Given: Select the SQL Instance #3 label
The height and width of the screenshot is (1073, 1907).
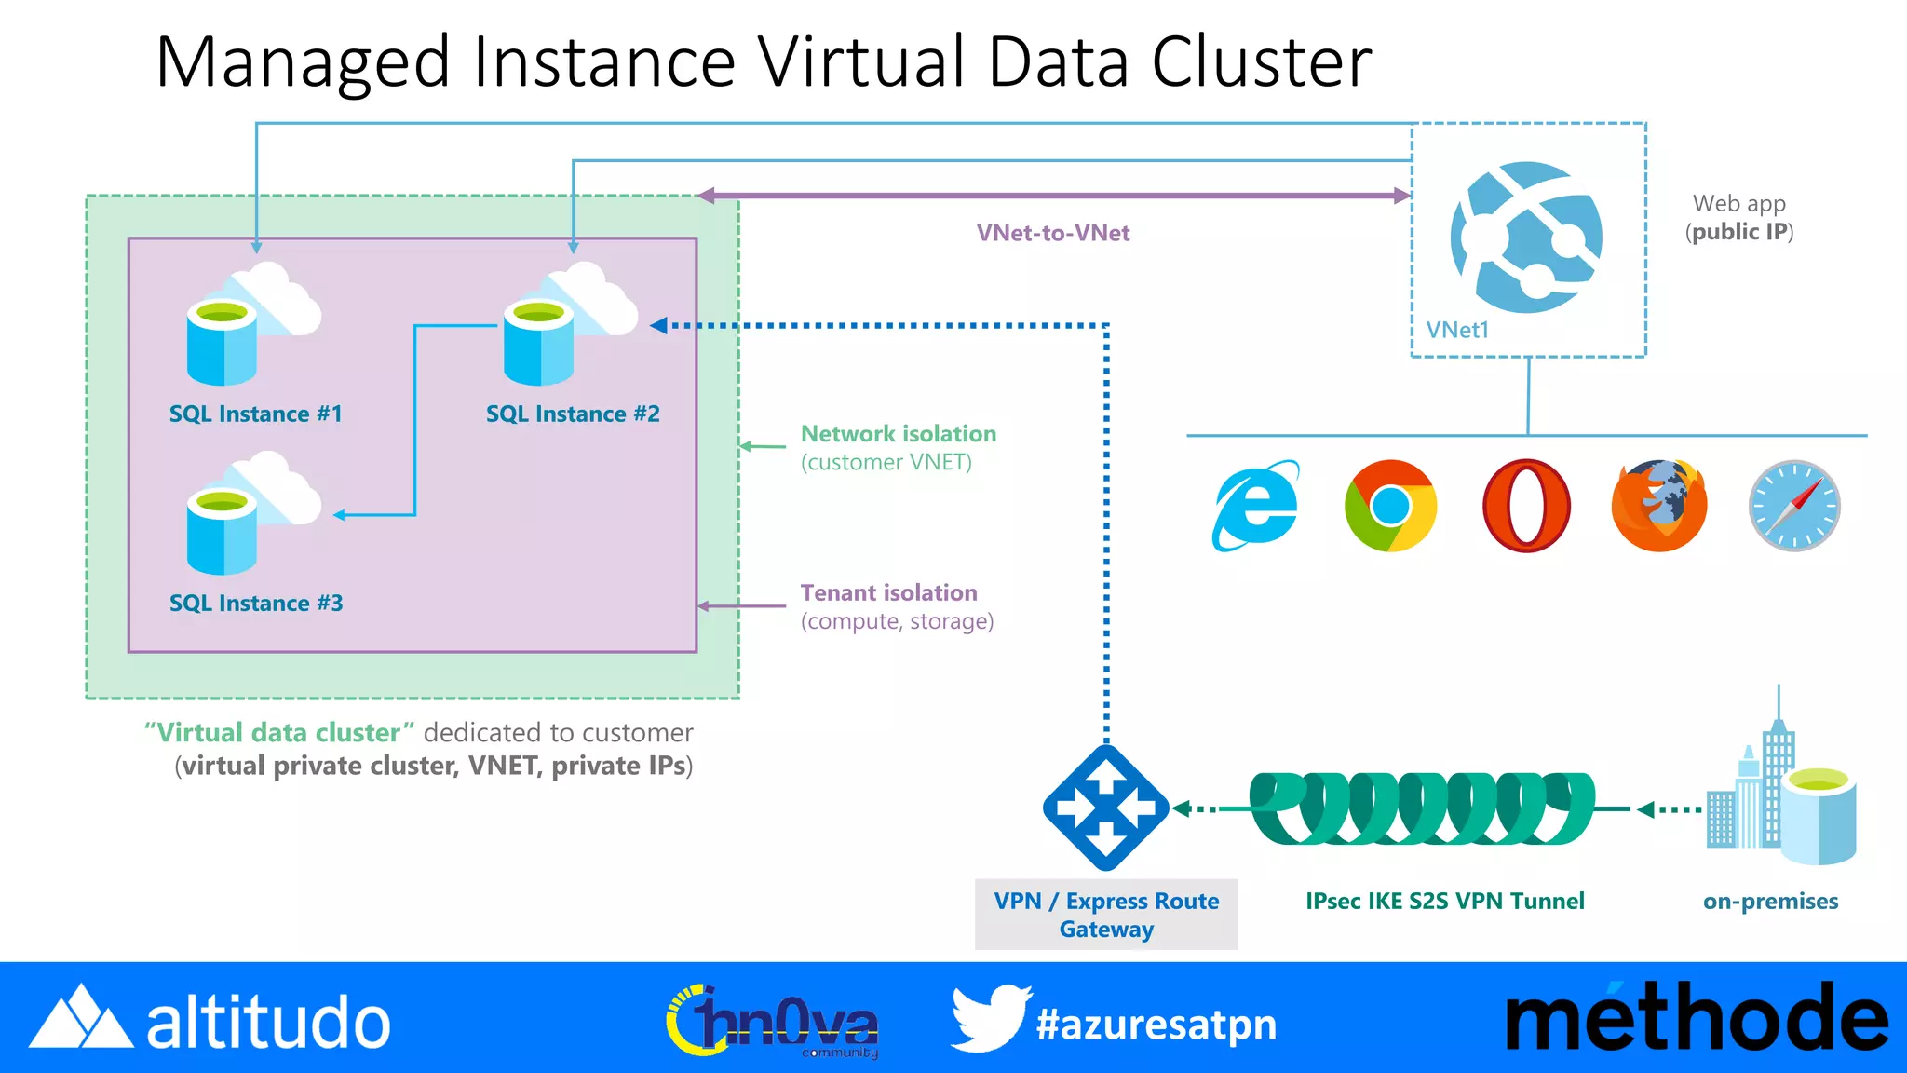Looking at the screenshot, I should tap(256, 603).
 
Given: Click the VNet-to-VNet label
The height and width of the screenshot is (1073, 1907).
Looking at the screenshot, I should tap(1052, 233).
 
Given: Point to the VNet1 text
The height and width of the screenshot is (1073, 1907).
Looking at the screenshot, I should tap(1457, 330).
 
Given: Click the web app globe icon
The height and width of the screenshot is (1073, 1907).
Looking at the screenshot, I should tap(1526, 238).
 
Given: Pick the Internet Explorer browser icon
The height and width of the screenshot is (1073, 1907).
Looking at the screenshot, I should tap(1255, 506).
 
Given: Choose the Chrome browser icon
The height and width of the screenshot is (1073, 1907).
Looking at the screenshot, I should tap(1390, 506).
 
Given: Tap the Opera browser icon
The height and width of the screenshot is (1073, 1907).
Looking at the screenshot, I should tap(1526, 506).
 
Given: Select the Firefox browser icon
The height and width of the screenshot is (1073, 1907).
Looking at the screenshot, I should tap(1659, 506).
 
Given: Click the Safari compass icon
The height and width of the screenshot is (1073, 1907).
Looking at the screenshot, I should tap(1794, 506).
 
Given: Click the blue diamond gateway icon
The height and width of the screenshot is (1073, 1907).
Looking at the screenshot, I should tap(1105, 808).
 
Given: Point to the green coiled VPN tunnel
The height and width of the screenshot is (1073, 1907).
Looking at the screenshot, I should tap(1420, 808).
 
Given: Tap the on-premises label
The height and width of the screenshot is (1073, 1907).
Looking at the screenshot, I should tap(1770, 901).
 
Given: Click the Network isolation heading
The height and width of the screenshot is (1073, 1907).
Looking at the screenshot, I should tap(899, 433).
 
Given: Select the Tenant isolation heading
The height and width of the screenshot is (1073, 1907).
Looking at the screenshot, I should tap(888, 592).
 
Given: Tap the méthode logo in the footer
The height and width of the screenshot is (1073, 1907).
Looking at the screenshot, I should tap(1695, 1019).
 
